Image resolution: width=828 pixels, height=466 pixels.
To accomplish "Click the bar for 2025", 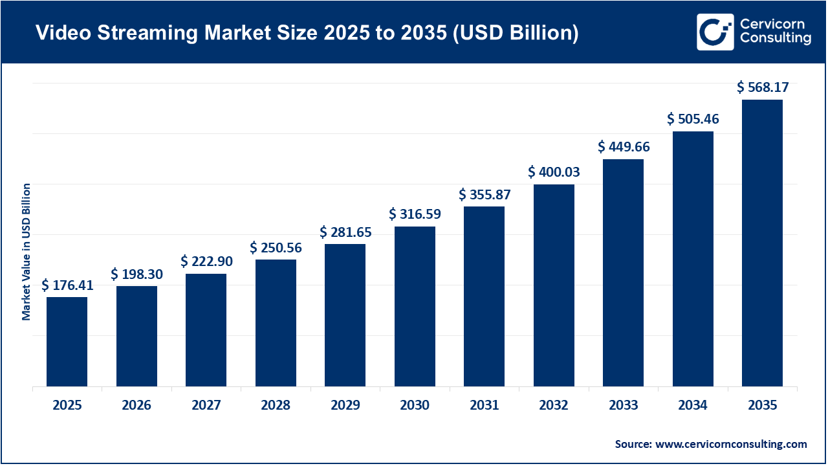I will coord(67,342).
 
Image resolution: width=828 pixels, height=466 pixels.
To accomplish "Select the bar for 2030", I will coord(415,306).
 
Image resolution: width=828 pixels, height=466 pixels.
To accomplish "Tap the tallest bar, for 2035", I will coord(762,243).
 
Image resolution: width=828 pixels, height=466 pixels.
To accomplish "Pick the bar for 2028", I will coord(276,323).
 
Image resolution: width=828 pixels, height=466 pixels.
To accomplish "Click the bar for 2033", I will coord(623,272).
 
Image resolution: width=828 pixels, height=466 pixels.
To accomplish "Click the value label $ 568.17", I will coord(763,87).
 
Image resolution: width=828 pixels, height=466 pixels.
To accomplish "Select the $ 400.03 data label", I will coord(554,172).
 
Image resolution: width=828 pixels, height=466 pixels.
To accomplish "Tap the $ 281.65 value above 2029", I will coord(345,232).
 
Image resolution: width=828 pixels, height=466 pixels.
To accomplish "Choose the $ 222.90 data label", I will coord(206,261).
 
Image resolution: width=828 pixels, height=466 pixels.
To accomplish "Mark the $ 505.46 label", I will coord(693,119).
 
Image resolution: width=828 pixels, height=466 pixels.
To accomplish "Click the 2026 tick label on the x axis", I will coord(136,406).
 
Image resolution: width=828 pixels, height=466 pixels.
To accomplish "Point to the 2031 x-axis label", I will coord(484,406).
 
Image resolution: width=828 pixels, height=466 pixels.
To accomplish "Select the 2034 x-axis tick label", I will coord(693,406).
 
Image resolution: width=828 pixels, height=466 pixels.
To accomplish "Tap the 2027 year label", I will coord(206,406).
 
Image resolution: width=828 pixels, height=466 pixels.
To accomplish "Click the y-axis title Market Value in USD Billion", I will coord(27,252).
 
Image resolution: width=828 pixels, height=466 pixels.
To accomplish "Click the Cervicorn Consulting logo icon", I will coord(715,32).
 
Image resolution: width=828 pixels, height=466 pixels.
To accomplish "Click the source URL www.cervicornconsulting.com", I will coord(731,444).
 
